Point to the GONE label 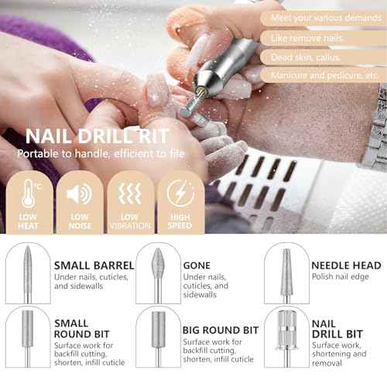(197, 265)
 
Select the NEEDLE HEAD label (346, 265)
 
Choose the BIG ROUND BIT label (221, 330)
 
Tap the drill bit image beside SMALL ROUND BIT (28, 341)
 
